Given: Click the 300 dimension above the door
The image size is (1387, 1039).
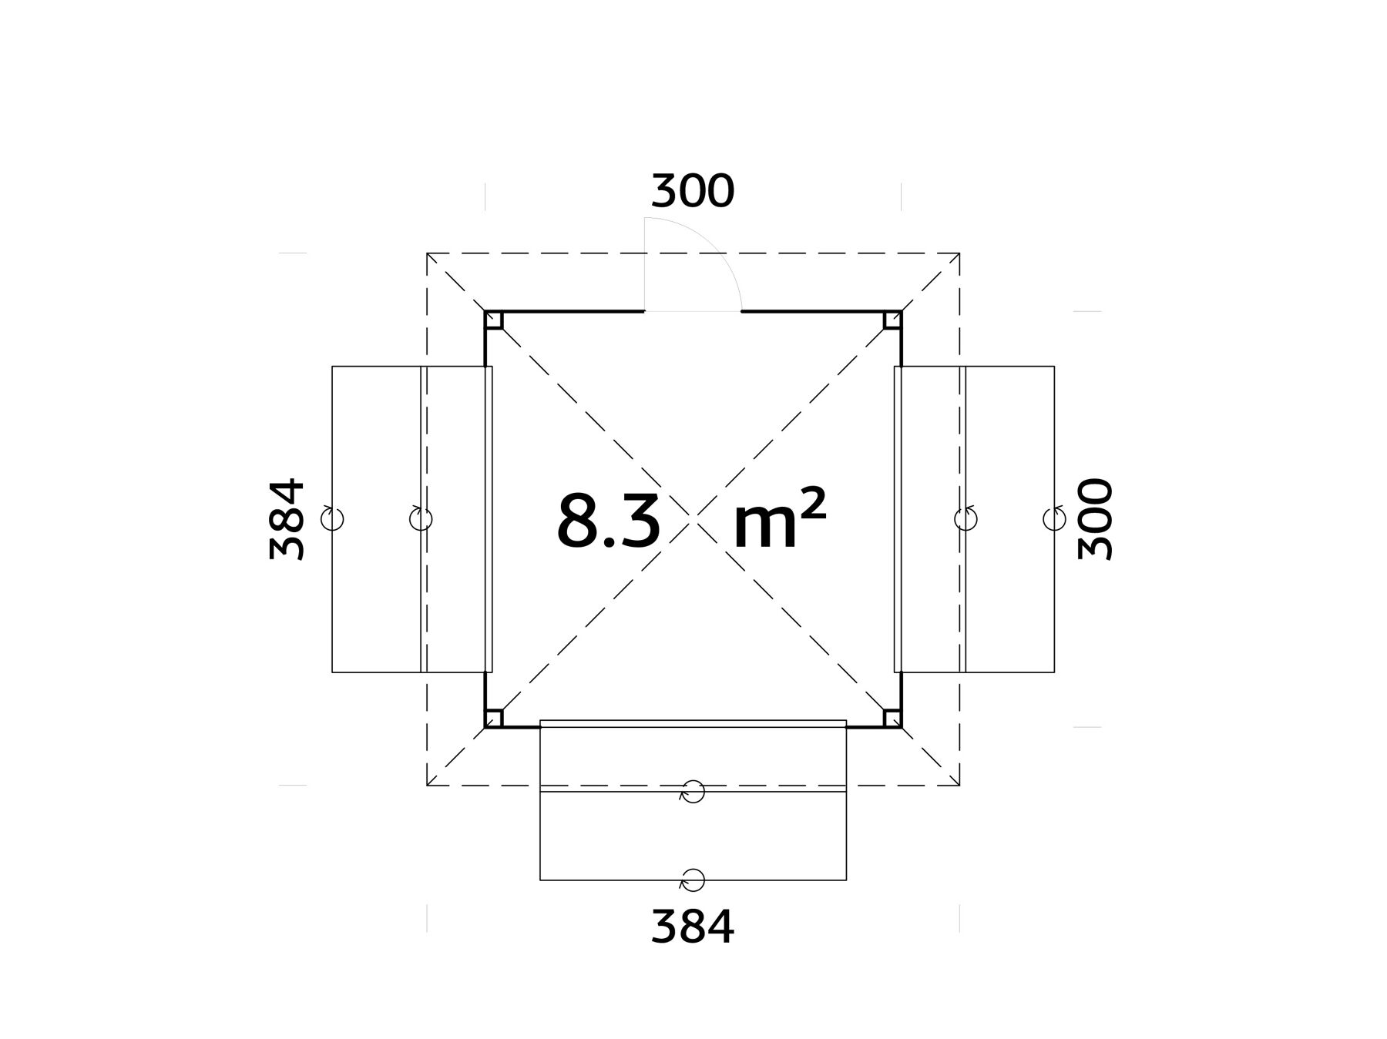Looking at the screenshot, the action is [693, 192].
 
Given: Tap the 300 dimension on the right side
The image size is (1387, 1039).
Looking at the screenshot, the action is [1096, 519].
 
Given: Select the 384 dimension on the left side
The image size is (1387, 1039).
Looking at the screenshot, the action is [287, 519].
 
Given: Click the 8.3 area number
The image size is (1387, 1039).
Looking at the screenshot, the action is [609, 521].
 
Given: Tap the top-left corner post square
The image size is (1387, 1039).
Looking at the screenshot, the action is [494, 320].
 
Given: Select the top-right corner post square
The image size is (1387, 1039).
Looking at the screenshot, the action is [892, 320].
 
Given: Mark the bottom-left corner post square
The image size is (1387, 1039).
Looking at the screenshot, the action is [494, 718].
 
